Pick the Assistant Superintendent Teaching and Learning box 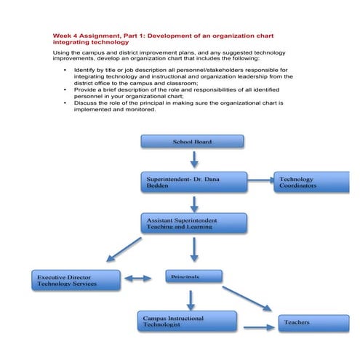[193, 223]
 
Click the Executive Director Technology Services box [76, 280]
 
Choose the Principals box [193, 276]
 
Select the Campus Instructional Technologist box [187, 321]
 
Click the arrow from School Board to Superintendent [193, 159]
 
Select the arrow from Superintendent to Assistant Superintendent [193, 203]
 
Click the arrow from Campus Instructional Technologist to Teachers [257, 328]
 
